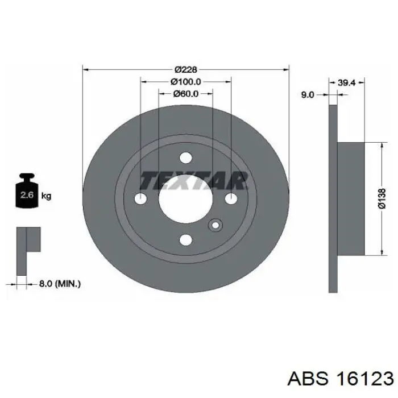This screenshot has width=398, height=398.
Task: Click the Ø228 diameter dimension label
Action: [186, 69]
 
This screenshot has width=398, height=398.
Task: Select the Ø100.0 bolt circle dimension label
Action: [186, 81]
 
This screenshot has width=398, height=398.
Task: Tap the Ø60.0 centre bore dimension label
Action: [186, 94]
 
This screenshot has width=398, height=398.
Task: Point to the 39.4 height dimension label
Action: [347, 82]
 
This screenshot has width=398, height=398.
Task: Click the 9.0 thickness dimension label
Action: [308, 95]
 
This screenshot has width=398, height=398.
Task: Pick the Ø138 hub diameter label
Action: [382, 198]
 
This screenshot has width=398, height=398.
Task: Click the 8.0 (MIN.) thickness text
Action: [60, 284]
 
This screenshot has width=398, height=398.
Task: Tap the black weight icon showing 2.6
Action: [27, 190]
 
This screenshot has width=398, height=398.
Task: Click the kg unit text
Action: [46, 196]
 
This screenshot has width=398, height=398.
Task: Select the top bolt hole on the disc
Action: [186, 157]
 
